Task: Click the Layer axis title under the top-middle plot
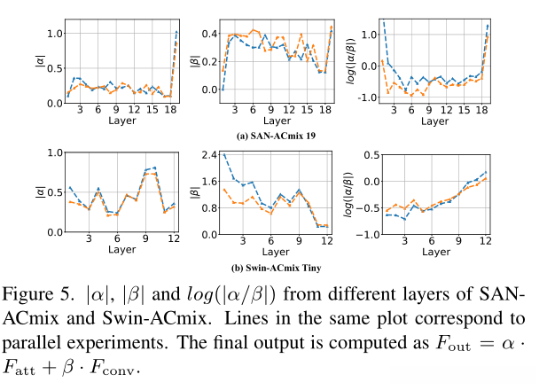(276, 121)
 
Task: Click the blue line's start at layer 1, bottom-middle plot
(223, 154)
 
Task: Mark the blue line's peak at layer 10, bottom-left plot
(156, 168)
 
